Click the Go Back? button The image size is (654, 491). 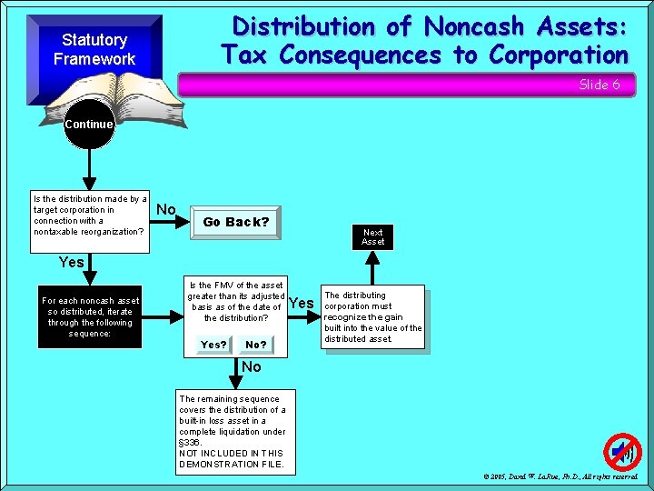(x=236, y=222)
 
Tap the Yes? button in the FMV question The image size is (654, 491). (x=214, y=345)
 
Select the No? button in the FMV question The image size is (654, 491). (x=256, y=345)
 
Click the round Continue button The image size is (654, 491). (x=89, y=125)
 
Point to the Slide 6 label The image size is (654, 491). (x=599, y=85)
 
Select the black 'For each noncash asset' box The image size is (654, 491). (x=90, y=317)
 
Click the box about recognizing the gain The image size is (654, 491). (x=373, y=316)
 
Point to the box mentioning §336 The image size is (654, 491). (x=233, y=432)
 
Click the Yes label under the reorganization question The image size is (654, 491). (x=71, y=262)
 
